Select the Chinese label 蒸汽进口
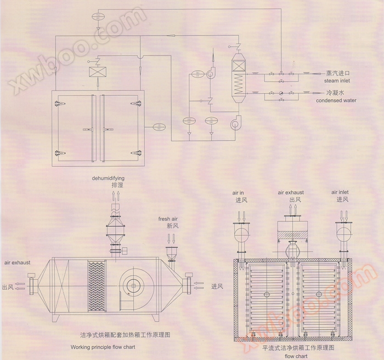tap(337, 73)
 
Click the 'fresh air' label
tap(169, 219)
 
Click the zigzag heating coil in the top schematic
tap(238, 84)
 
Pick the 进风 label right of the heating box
tap(217, 286)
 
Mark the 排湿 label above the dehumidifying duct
tap(118, 186)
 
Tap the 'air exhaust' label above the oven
tap(291, 192)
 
